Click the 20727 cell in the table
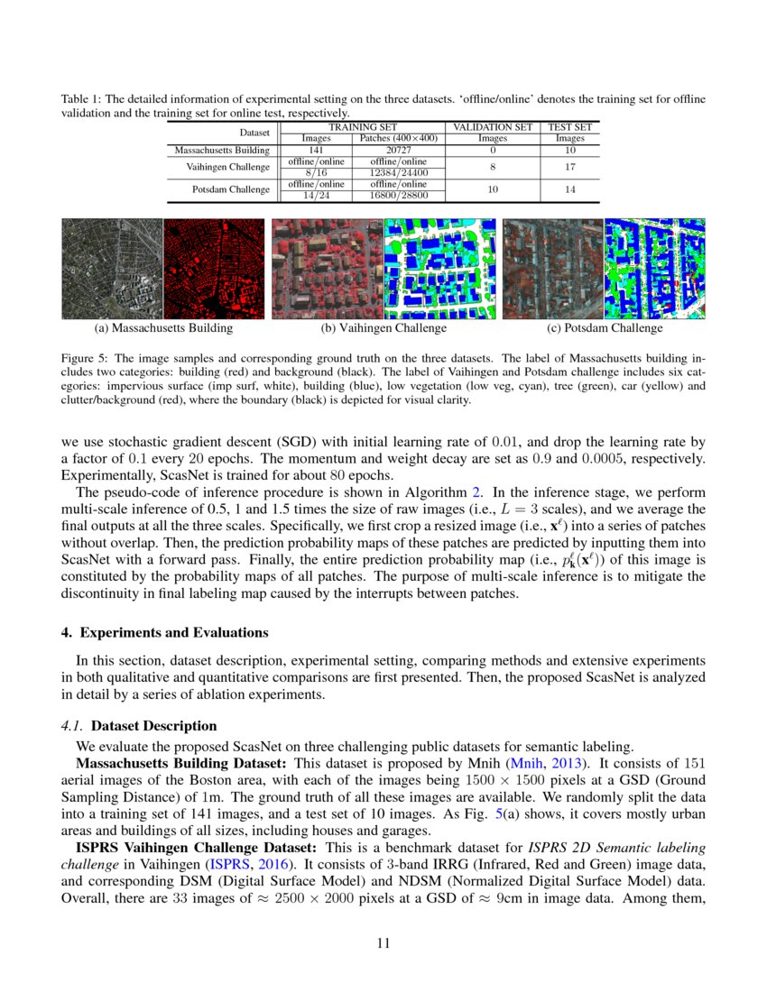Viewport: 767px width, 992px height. tap(398, 150)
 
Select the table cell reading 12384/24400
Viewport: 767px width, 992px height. tap(398, 172)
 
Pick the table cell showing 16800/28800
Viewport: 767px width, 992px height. tap(398, 195)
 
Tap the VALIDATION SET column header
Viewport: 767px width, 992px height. tap(493, 127)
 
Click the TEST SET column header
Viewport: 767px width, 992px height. tap(569, 127)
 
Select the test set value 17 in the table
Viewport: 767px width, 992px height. tap(569, 167)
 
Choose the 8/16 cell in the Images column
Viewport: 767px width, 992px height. tap(316, 172)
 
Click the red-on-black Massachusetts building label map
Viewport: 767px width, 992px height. tap(212, 269)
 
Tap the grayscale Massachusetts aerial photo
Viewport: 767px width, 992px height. tap(111, 269)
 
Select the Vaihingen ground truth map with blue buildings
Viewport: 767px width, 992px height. tap(439, 269)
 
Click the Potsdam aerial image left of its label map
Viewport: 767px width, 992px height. tap(552, 269)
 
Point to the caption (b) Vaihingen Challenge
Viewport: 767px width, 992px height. tap(384, 328)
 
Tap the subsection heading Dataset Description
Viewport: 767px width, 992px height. tap(154, 725)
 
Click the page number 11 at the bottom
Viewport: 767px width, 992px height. tap(383, 943)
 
